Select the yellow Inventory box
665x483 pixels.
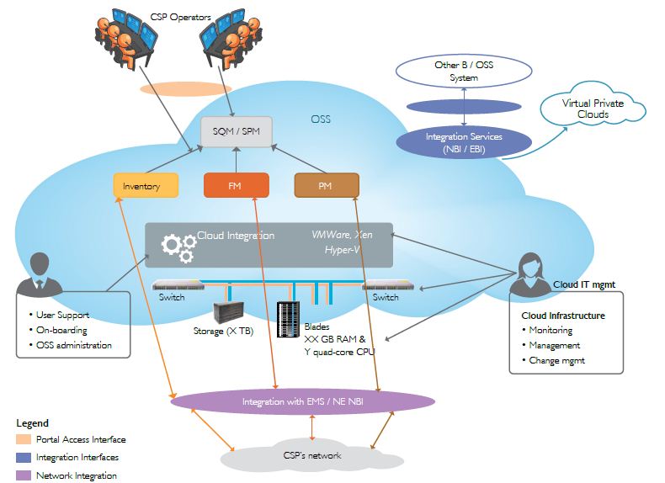coord(146,185)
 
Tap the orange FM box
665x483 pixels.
coord(236,185)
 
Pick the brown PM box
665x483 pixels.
coord(327,185)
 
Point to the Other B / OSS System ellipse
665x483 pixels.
coord(463,72)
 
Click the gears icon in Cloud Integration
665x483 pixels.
coord(178,245)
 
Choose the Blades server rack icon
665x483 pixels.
coord(289,317)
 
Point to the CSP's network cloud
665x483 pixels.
coord(312,455)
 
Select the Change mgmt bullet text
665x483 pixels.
coord(556,360)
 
